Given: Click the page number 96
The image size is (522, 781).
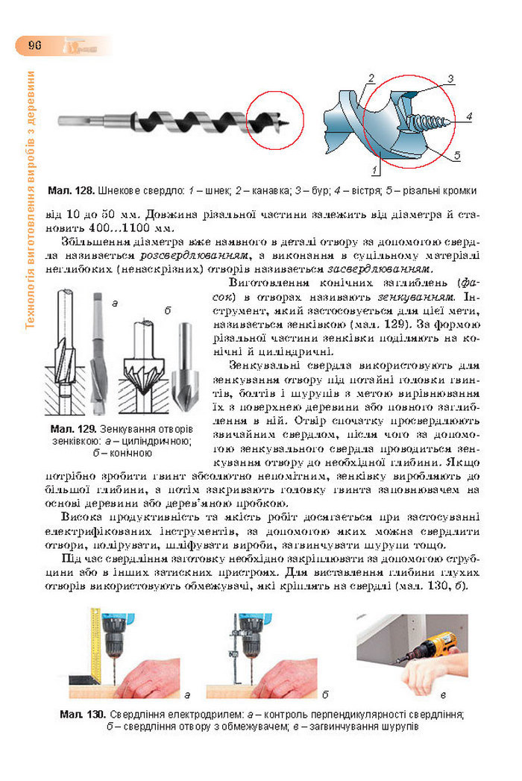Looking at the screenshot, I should point(34,46).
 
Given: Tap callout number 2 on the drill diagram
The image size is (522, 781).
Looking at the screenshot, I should point(371,78).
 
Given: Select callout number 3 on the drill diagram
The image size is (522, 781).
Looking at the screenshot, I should point(451,79).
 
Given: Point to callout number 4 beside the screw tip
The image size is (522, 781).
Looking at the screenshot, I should point(469,116).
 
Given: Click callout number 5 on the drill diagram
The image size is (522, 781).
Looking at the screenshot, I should point(457,155).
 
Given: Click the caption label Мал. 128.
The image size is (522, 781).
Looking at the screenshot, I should point(72,191).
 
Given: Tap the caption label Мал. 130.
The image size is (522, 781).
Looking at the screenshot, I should point(84,715).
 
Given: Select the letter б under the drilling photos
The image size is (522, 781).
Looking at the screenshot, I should point(326,695).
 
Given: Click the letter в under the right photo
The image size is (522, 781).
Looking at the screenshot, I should point(443,695).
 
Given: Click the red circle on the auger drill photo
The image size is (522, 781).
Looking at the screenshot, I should point(275,120).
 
